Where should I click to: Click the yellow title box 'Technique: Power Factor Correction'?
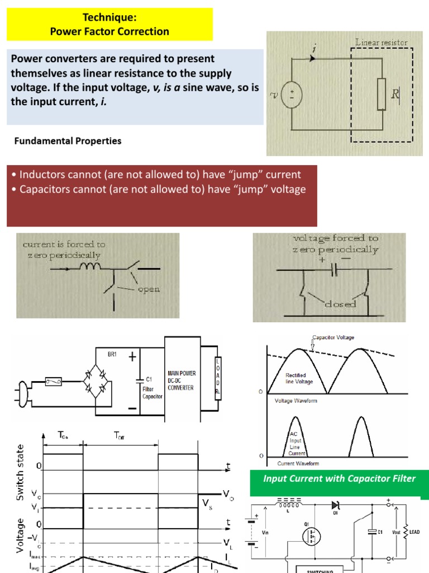pyautogui.click(x=109, y=24)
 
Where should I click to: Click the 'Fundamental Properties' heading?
pyautogui.click(x=68, y=141)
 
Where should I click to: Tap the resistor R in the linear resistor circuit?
pyautogui.click(x=382, y=94)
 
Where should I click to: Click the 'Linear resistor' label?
pyautogui.click(x=381, y=42)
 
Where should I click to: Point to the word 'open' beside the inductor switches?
pyautogui.click(x=149, y=289)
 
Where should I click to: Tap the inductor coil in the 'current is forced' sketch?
pyautogui.click(x=92, y=268)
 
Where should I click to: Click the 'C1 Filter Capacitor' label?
pyautogui.click(x=152, y=387)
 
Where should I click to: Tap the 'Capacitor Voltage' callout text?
pyautogui.click(x=333, y=337)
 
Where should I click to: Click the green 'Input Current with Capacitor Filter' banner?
pyautogui.click(x=339, y=478)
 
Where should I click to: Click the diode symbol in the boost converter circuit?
pyautogui.click(x=336, y=505)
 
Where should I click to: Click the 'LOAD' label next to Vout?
pyautogui.click(x=415, y=532)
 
